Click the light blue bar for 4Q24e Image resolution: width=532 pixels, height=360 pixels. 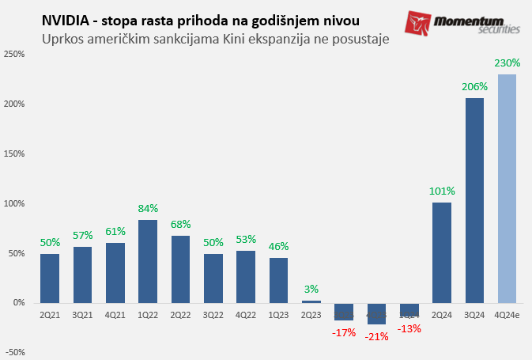tap(507, 188)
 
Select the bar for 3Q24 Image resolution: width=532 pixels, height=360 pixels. tap(474, 200)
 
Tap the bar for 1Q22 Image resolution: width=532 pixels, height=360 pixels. tap(148, 261)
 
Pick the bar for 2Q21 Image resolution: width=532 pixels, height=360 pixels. tap(50, 278)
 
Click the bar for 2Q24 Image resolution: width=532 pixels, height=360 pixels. tap(442, 252)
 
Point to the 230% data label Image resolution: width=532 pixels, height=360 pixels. tap(507, 63)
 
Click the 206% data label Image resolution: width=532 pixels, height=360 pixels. tap(474, 86)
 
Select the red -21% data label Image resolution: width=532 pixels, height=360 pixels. tap(376, 337)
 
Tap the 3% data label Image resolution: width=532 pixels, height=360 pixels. tap(311, 289)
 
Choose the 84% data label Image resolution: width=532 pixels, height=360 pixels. tap(148, 208)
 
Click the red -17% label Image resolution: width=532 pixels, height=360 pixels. tap(344, 333)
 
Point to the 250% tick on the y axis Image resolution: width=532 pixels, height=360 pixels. tap(14, 54)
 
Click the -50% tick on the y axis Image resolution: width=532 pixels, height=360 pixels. tap(14, 352)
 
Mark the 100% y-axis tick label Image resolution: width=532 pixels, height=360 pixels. tap(14, 203)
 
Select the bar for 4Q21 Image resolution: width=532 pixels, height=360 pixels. tap(115, 272)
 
